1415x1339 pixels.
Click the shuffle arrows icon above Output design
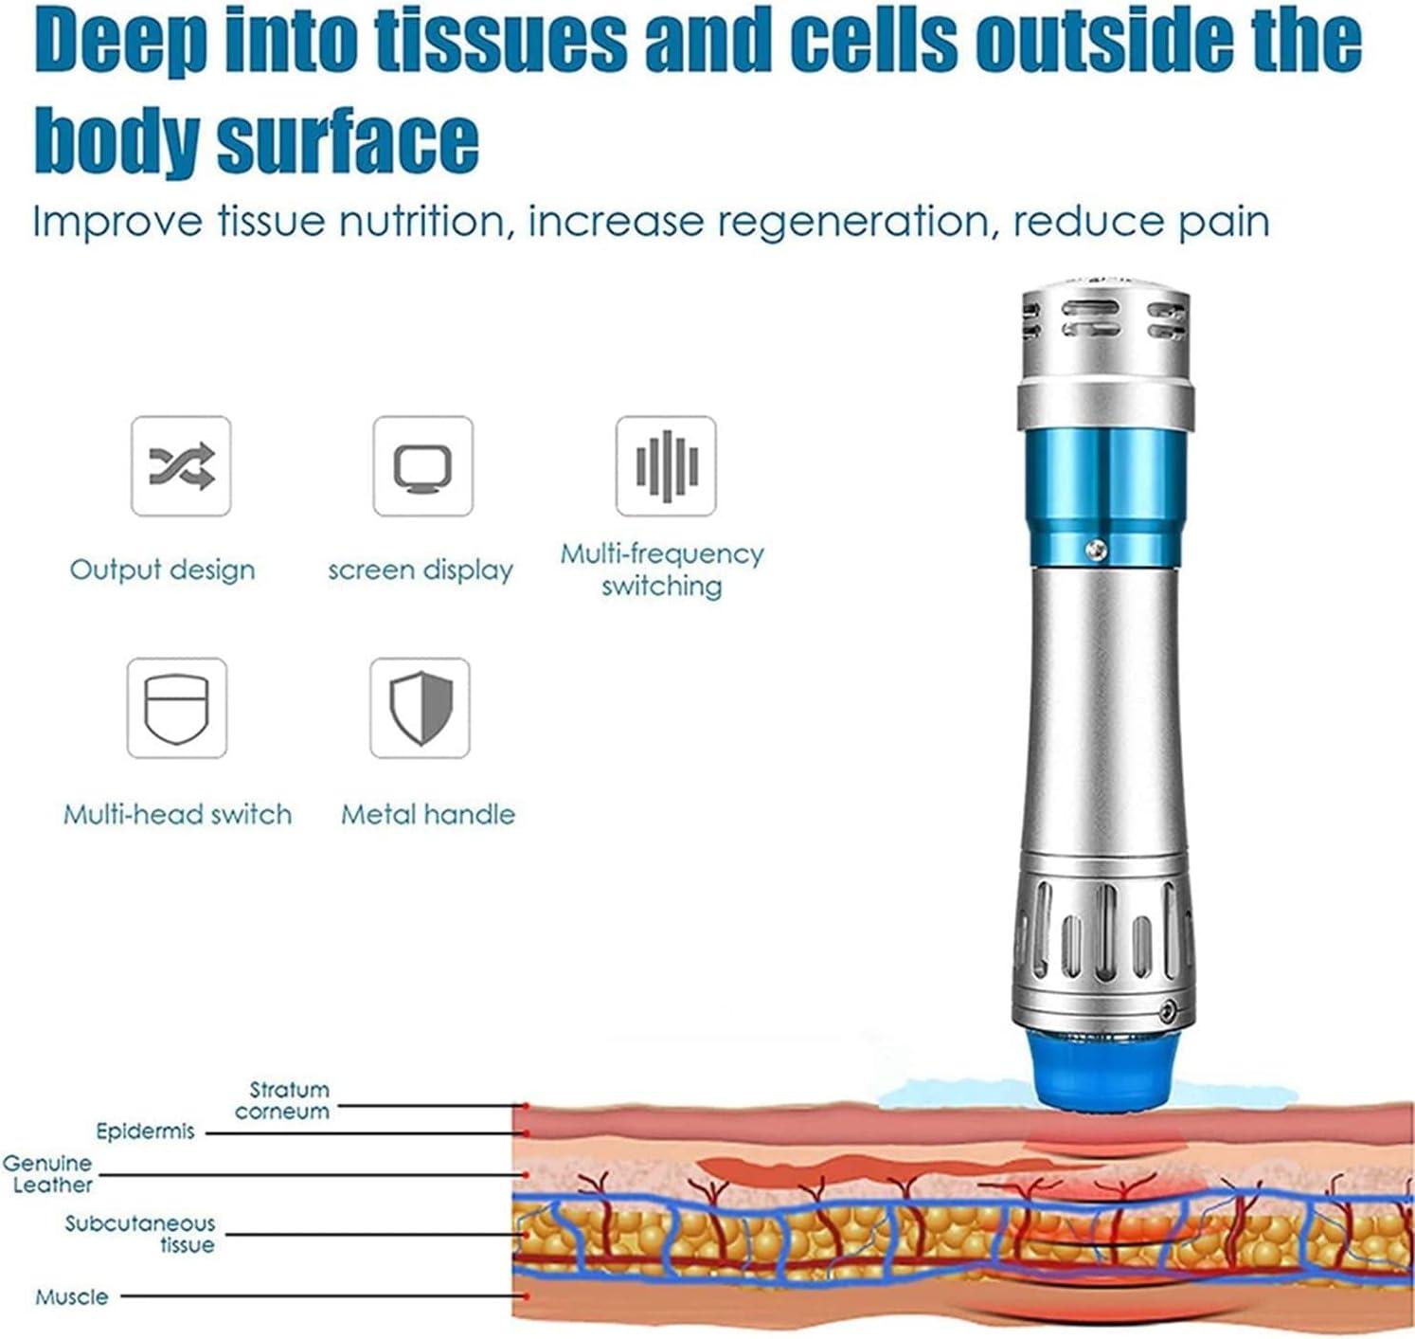[181, 466]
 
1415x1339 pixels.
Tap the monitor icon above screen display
[422, 466]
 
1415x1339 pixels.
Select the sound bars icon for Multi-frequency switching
[666, 466]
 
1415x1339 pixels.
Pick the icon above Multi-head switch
[177, 709]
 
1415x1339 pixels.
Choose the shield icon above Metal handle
[421, 709]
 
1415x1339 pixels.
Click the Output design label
[163, 570]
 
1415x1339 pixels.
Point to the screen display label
[421, 570]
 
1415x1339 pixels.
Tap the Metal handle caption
[428, 814]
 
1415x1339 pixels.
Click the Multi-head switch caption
[178, 814]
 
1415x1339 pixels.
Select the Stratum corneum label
[283, 1100]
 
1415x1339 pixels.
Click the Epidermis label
[145, 1131]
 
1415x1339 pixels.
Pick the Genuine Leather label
[47, 1173]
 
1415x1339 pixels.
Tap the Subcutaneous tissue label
[140, 1234]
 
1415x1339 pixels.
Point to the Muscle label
[72, 1296]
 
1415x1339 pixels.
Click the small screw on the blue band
[1097, 548]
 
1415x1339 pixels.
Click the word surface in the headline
[348, 140]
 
